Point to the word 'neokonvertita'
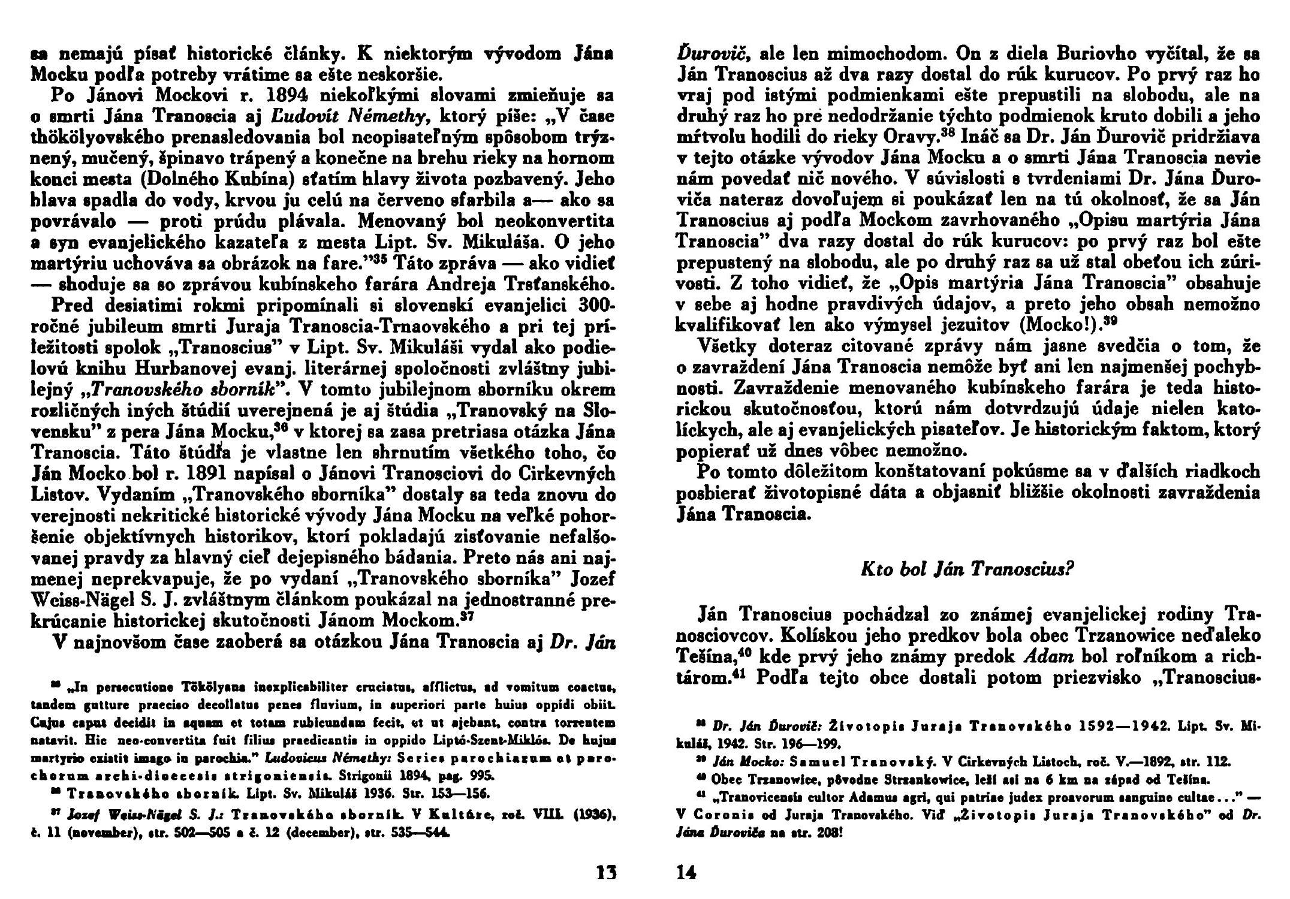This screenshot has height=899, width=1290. [x=557, y=221]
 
